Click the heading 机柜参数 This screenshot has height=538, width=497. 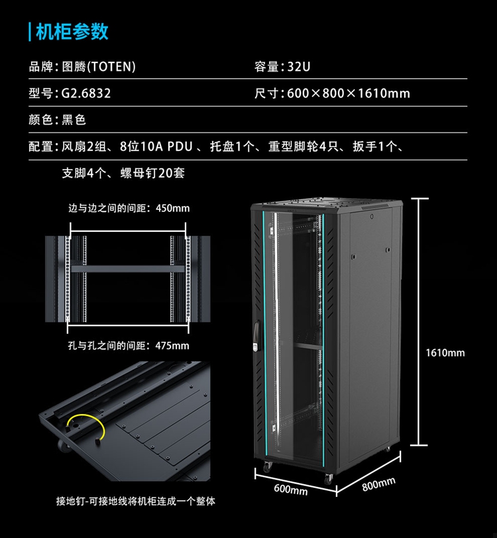[x=72, y=31]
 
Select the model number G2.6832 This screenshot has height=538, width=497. [x=86, y=93]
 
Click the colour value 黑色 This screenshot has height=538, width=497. [x=74, y=120]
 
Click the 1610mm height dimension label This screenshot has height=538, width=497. [x=445, y=352]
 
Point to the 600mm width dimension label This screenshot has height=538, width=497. [x=291, y=490]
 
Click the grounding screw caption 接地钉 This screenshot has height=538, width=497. [x=69, y=502]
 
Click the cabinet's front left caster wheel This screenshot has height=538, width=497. [x=266, y=467]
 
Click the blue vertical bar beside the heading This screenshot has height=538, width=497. [x=30, y=31]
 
